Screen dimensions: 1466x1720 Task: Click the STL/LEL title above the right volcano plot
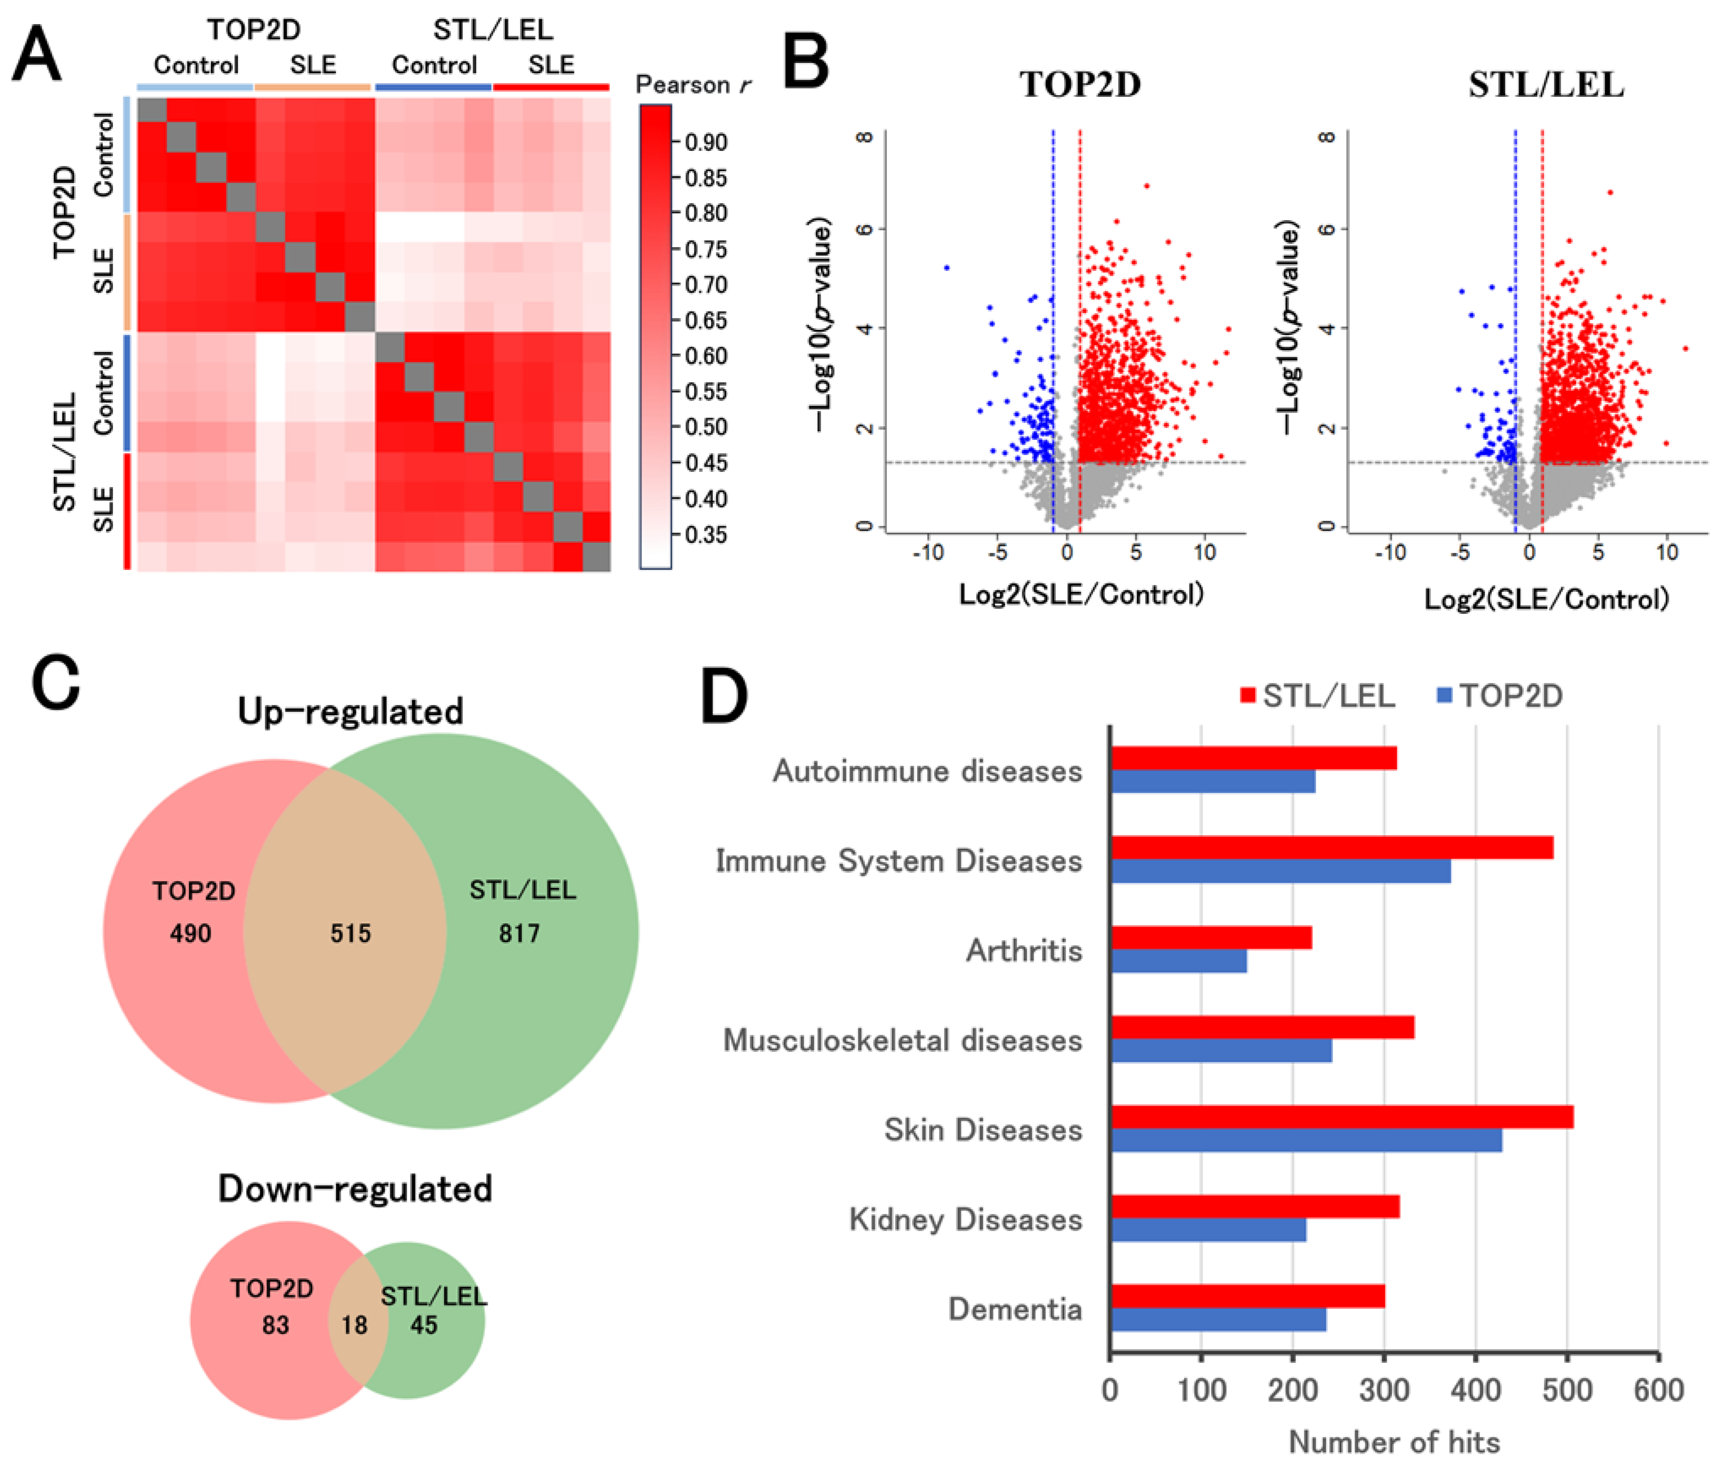(1546, 84)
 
